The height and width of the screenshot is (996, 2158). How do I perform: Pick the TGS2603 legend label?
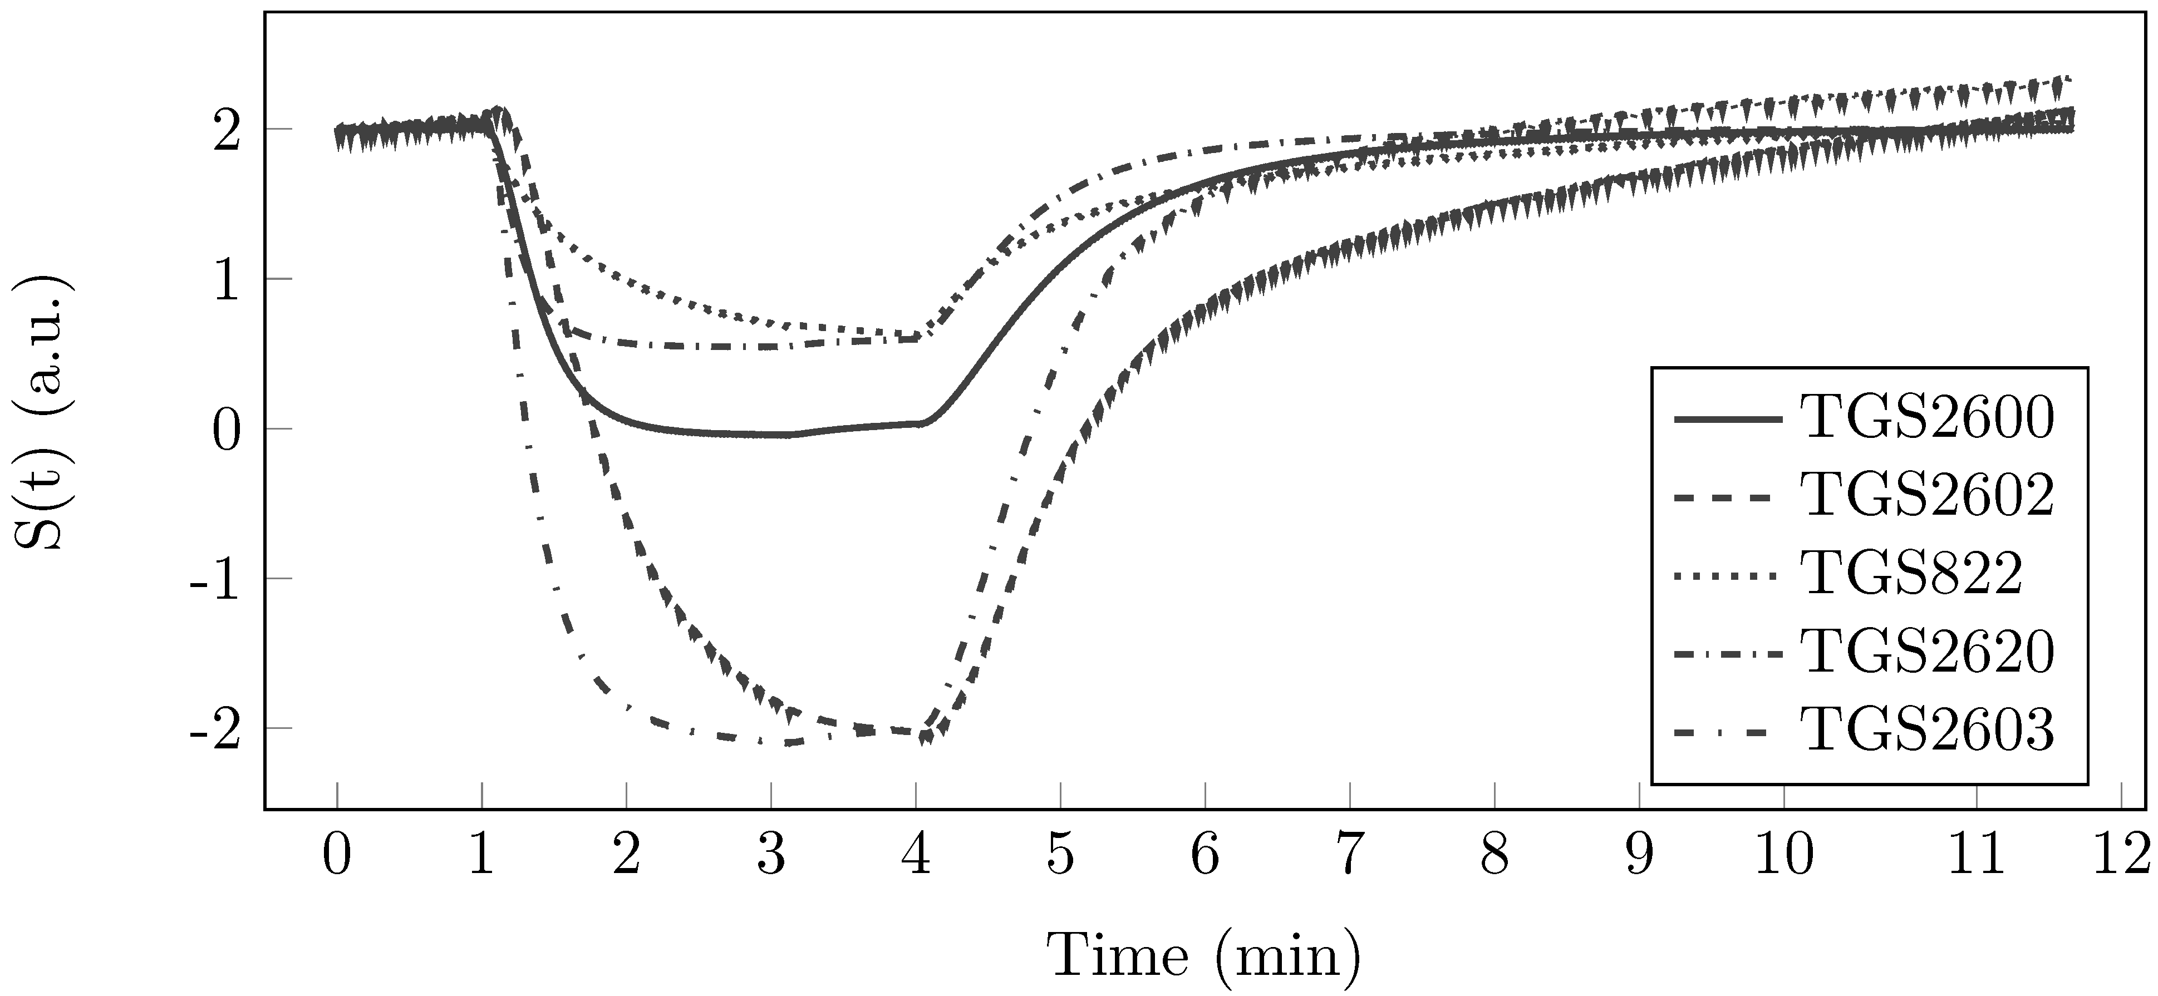click(x=1928, y=729)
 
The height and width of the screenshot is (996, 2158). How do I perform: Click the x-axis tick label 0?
click(x=337, y=857)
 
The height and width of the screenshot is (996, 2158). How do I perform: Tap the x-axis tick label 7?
click(x=1350, y=857)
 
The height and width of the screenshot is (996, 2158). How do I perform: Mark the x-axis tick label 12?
click(x=2122, y=857)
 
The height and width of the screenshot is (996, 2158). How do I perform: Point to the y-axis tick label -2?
click(x=215, y=729)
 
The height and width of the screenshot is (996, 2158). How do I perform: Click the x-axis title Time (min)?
click(x=1205, y=955)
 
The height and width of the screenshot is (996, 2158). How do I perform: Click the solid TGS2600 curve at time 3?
click(x=771, y=435)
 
